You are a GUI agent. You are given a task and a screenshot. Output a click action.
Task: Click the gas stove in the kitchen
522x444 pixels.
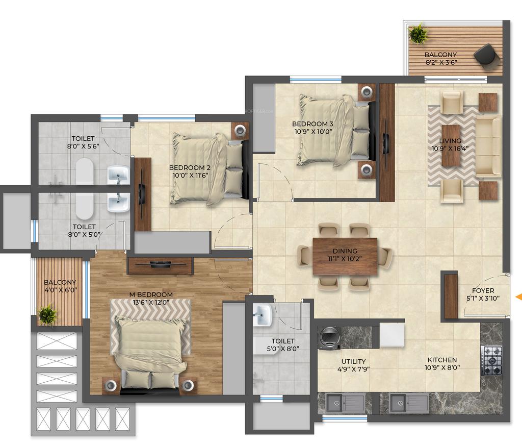point(491,360)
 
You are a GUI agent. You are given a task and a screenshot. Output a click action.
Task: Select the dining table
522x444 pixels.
point(345,256)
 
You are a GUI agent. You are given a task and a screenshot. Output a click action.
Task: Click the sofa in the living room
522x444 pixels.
point(488,147)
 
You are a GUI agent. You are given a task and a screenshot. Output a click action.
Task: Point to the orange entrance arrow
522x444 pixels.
point(518,297)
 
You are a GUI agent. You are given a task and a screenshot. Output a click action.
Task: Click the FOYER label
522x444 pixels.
point(483,290)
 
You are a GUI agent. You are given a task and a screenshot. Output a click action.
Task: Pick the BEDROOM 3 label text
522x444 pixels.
point(312,124)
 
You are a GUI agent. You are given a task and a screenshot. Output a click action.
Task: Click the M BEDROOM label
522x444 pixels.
point(151,294)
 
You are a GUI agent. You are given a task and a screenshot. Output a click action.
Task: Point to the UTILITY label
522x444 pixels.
point(353,361)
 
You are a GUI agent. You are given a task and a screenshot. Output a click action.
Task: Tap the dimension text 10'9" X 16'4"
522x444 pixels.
point(450,149)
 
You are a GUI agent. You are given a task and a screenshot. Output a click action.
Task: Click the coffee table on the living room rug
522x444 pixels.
point(451,145)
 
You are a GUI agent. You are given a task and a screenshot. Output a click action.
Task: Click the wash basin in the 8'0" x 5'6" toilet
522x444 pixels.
point(118,175)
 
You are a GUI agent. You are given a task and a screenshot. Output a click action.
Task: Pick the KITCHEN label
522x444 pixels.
point(442,360)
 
